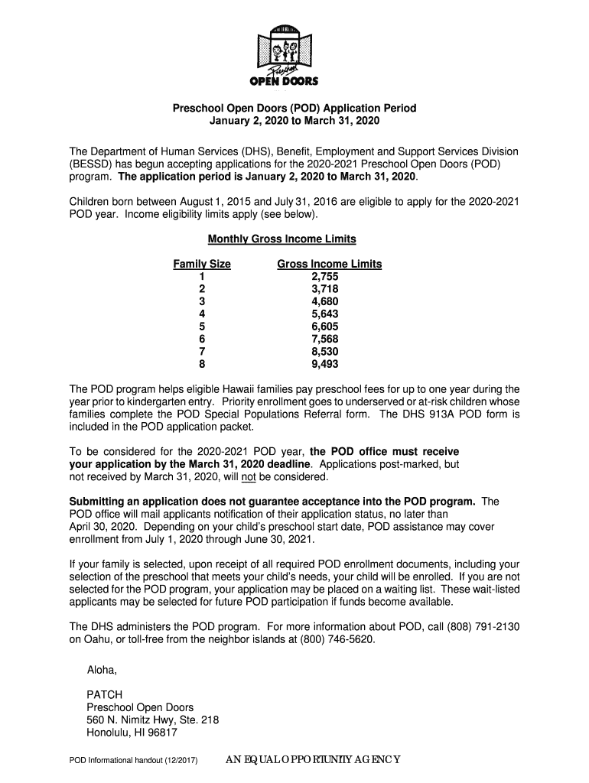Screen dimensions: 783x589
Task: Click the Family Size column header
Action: pos(202,265)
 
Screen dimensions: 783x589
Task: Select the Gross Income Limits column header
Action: pos(329,265)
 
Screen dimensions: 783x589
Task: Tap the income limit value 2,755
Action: pos(324,277)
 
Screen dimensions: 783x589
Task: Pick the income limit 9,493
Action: pos(324,364)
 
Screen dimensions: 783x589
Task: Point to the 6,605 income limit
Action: pos(324,327)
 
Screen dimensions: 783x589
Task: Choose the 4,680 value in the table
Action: pos(324,302)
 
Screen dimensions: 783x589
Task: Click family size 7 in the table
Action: pos(202,352)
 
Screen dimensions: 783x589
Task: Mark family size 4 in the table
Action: pos(202,314)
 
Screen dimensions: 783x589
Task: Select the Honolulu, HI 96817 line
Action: pos(132,733)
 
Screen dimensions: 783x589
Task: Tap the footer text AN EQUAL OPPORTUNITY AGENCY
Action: pos(313,760)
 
